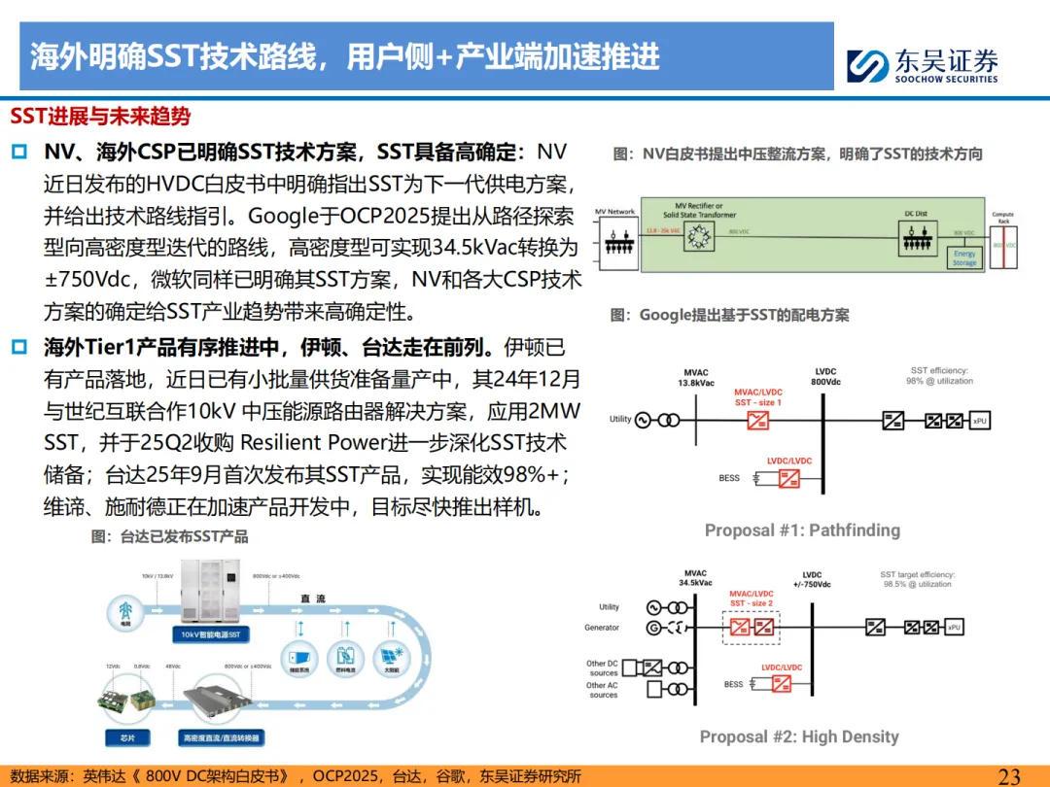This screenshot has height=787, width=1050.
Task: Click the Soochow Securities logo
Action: (867, 65)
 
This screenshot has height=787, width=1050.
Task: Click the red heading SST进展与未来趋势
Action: (100, 117)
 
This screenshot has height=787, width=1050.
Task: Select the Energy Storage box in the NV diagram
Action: (963, 257)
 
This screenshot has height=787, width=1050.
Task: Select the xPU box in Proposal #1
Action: (980, 420)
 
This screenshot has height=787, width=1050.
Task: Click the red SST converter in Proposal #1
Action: (756, 420)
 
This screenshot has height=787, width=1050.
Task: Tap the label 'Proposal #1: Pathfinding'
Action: (802, 530)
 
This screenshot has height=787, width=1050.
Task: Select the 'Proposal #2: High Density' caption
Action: (799, 736)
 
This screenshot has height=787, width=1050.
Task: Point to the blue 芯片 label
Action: (128, 737)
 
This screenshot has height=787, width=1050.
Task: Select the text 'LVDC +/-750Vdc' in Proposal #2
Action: (812, 580)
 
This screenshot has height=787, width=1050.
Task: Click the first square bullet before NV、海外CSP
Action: (19, 153)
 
